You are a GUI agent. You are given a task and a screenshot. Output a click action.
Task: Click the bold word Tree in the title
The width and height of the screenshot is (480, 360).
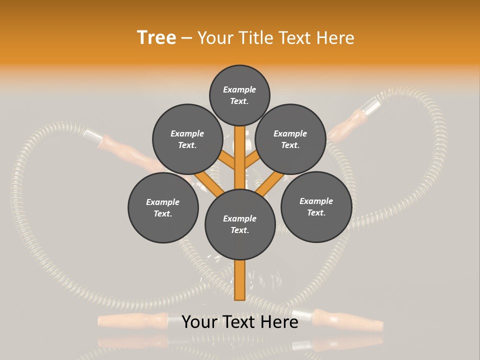coord(156,37)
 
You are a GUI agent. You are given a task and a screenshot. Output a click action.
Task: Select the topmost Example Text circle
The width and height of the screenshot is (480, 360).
coord(239,95)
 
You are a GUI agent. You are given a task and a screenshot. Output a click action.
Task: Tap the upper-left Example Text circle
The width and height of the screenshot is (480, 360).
coord(187,139)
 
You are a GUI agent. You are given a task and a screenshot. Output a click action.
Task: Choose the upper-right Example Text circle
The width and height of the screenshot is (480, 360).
coord(290,139)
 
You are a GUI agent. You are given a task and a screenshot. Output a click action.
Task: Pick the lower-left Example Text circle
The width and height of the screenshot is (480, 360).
coord(163,207)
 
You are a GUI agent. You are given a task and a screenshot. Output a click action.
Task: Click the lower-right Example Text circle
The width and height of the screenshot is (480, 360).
coord(316,206)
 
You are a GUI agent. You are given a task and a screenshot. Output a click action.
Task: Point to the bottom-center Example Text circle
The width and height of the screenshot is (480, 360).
coord(240,224)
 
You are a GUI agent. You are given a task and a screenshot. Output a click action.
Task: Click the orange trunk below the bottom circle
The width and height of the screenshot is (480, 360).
coord(239,280)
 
